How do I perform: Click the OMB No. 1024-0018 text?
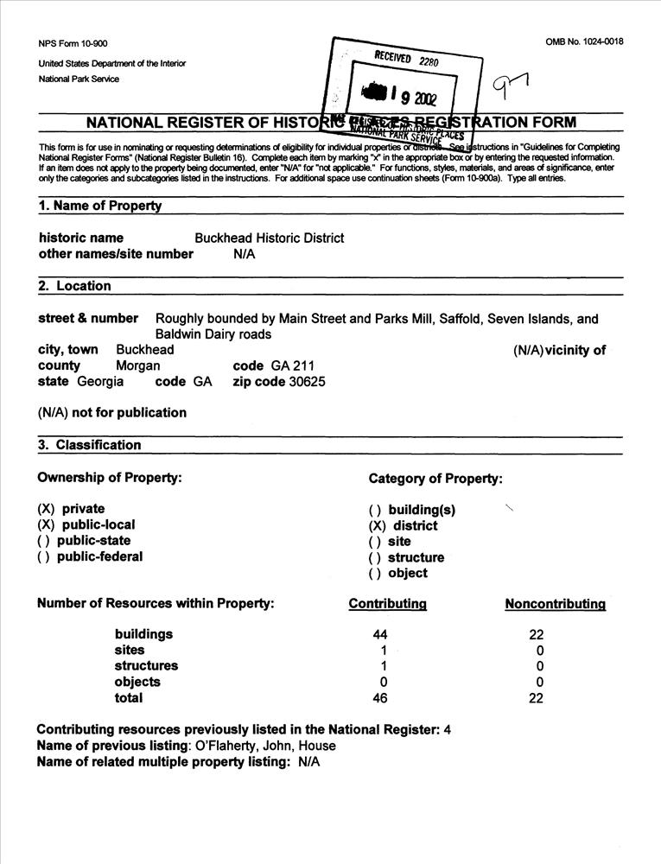[x=584, y=41]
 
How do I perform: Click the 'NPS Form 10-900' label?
[x=73, y=44]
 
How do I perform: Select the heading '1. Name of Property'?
[x=100, y=206]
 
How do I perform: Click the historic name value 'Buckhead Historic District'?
[x=269, y=238]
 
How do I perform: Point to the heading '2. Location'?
[x=75, y=286]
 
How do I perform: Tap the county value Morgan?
[x=138, y=365]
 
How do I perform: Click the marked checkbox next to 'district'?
[x=377, y=525]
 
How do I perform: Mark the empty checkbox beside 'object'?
[x=376, y=573]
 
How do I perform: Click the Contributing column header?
[x=387, y=604]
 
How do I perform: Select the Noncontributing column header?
[x=555, y=604]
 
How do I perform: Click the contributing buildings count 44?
[x=380, y=634]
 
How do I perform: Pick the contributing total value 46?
[x=380, y=698]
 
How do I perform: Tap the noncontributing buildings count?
[x=537, y=634]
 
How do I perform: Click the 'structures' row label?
[x=146, y=666]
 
